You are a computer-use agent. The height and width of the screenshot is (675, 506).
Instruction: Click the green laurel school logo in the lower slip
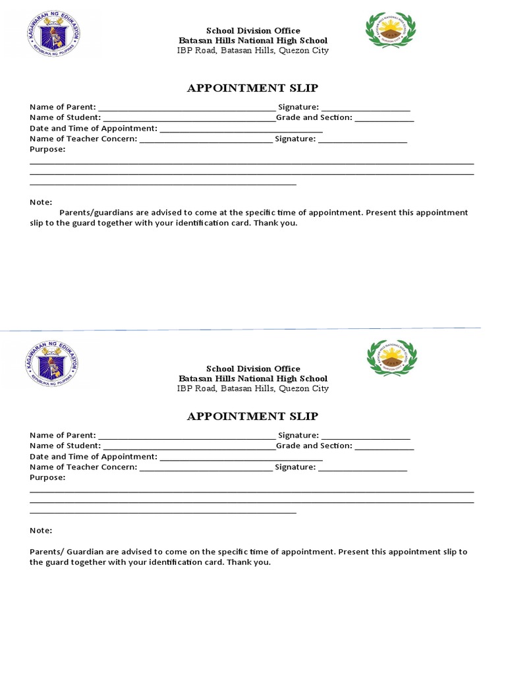(x=391, y=358)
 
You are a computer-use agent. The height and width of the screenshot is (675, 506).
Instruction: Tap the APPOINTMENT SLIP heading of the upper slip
(x=252, y=88)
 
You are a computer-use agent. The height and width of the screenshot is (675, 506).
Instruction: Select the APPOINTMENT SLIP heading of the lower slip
(x=252, y=416)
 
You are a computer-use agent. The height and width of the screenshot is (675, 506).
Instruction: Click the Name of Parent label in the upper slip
(x=63, y=107)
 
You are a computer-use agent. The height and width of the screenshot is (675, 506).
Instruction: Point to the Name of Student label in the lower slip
(x=65, y=446)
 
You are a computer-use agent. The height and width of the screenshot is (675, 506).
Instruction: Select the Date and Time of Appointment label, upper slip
(x=93, y=128)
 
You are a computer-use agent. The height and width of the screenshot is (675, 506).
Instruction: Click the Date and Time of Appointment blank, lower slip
(x=241, y=457)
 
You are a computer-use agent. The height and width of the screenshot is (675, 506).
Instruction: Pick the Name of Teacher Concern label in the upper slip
(x=83, y=138)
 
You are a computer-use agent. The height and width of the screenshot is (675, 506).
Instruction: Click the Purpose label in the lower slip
(x=47, y=477)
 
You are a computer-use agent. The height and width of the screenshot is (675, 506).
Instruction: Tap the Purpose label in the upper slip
(x=47, y=149)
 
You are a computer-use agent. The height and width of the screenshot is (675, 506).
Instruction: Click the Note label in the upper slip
(x=41, y=202)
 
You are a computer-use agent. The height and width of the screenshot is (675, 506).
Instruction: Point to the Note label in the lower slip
(x=41, y=531)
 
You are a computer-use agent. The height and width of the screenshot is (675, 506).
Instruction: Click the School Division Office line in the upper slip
(x=253, y=30)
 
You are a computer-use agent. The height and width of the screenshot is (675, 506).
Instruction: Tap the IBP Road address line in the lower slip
(x=253, y=389)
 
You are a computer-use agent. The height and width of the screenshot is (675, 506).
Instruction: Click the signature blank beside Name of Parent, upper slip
(x=366, y=108)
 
